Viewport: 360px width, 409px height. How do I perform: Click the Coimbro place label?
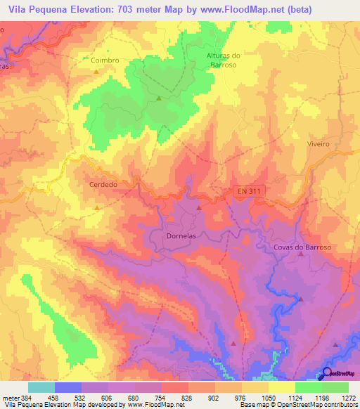(105, 60)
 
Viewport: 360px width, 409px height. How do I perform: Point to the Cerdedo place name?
(103, 184)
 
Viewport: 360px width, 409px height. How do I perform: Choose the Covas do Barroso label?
(302, 247)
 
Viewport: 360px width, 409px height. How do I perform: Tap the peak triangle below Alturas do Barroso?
(159, 98)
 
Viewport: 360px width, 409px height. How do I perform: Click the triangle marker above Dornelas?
(199, 208)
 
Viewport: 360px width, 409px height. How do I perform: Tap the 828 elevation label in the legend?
(188, 397)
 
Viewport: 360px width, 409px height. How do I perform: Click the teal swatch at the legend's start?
(41, 387)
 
